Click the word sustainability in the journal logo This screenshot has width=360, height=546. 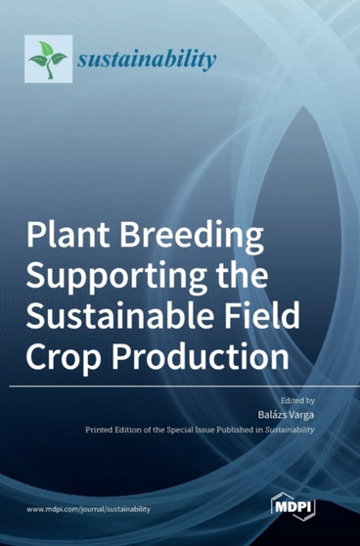coord(147,60)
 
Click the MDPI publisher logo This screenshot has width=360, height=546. coord(292,508)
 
